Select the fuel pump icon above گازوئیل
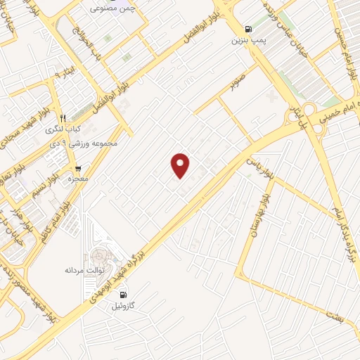click(124, 295)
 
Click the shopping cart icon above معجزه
click(77, 169)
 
